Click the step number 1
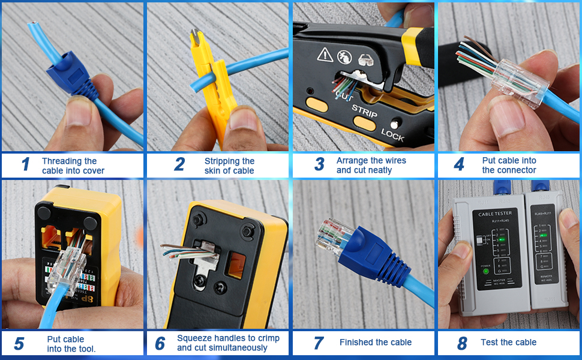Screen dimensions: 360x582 click(x=25, y=164)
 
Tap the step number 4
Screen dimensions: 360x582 click(x=458, y=164)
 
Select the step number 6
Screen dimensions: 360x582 click(x=160, y=343)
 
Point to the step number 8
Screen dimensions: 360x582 click(x=461, y=343)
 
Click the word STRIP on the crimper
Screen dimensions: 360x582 click(x=364, y=109)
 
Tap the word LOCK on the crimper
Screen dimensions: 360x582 click(x=392, y=134)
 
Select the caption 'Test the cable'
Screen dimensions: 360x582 click(x=508, y=343)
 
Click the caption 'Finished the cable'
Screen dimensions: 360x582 click(x=376, y=343)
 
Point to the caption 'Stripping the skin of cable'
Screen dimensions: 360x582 click(x=229, y=166)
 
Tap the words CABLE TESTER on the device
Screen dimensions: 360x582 click(x=494, y=214)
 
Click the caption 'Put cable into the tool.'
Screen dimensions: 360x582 click(x=71, y=344)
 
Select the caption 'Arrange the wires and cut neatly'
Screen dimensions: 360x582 click(x=371, y=166)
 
